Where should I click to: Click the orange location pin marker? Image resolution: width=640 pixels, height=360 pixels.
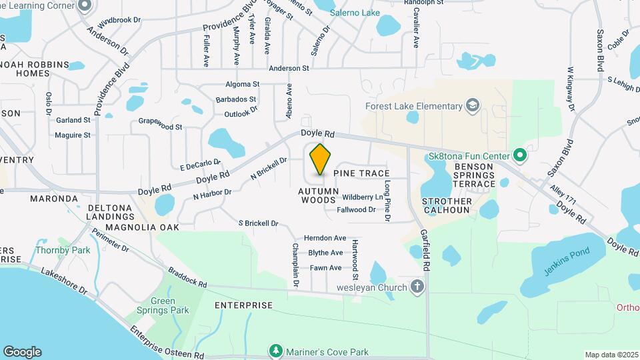320,159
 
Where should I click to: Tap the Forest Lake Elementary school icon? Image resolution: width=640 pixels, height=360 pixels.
473,106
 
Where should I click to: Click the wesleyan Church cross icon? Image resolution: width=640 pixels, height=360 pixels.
417,287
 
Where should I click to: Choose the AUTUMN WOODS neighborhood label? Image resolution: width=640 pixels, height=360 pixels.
317,195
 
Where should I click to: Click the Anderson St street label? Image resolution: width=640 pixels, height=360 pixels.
289,68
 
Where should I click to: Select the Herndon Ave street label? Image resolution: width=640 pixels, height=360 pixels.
325,238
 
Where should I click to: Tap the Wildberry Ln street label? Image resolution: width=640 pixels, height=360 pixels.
363,197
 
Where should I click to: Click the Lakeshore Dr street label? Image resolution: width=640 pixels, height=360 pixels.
64,281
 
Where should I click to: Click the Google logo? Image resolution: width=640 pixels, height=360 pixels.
22,352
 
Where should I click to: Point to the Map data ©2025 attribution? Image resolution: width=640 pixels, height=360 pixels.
611,355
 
